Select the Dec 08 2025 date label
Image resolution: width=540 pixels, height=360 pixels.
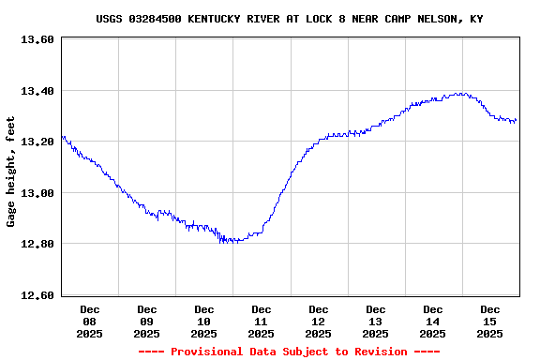pyautogui.click(x=90, y=321)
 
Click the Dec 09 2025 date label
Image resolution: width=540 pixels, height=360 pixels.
pyautogui.click(x=147, y=321)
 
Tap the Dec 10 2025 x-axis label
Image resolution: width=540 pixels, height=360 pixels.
pyautogui.click(x=204, y=321)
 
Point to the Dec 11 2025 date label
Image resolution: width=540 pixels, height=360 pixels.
pyautogui.click(x=262, y=321)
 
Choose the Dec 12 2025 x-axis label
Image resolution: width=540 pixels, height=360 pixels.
pyautogui.click(x=319, y=321)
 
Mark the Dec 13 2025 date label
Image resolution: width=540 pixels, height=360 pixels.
pyautogui.click(x=376, y=321)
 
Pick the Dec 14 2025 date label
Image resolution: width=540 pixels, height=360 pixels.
pyautogui.click(x=433, y=321)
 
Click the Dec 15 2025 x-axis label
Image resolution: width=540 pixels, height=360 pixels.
pyautogui.click(x=490, y=321)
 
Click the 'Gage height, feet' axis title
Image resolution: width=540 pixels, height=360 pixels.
pyautogui.click(x=11, y=172)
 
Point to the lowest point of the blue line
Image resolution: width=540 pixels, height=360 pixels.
pyautogui.click(x=225, y=242)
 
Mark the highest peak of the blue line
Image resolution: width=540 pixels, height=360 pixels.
pyautogui.click(x=459, y=93)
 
